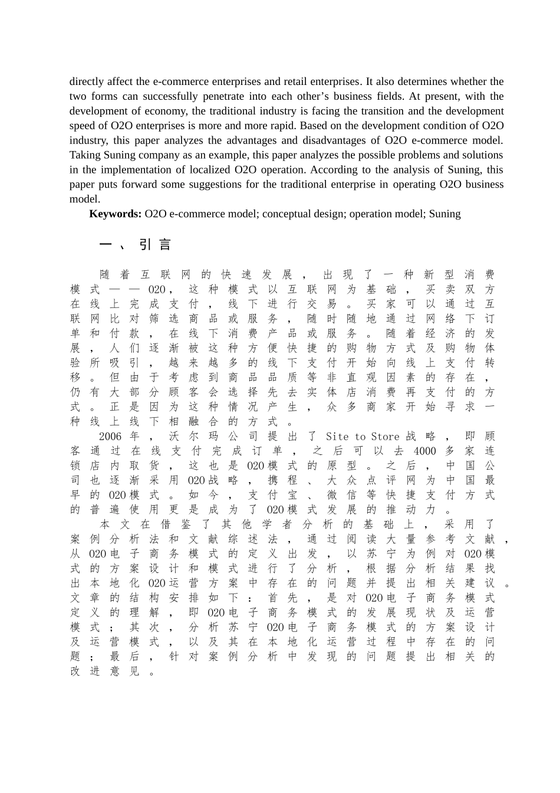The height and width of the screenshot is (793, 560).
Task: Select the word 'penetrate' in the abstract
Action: (223, 96)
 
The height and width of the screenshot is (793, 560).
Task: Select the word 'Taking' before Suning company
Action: (85, 155)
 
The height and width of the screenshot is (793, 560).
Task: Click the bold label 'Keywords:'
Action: (115, 214)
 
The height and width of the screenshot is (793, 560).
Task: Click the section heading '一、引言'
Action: (135, 244)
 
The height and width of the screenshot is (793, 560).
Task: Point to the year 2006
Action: (110, 437)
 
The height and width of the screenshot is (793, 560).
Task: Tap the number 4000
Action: (424, 451)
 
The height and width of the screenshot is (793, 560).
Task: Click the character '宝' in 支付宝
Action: (292, 495)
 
